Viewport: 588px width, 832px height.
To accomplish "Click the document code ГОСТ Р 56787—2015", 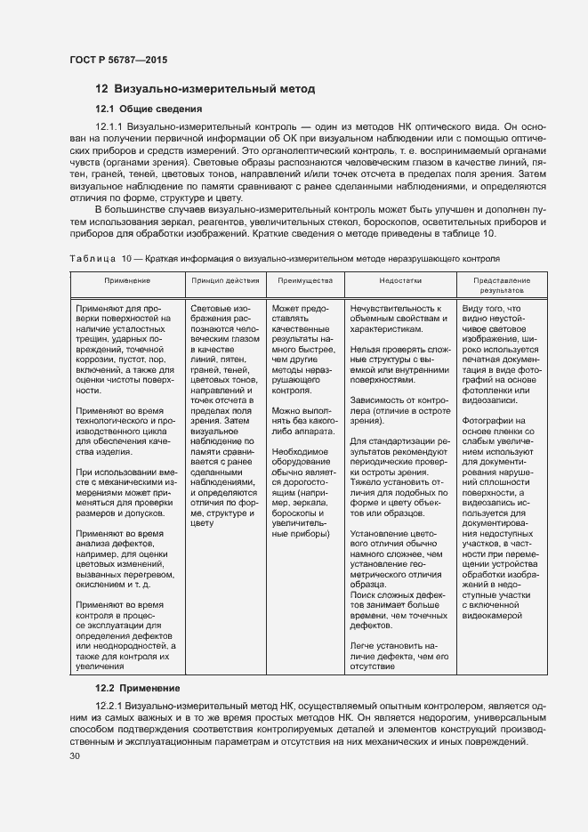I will click(117, 60).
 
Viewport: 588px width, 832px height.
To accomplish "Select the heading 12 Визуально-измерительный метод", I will click(205, 89).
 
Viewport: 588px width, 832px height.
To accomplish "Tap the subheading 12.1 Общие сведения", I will click(149, 109).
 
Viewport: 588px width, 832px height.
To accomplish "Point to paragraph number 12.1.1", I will click(109, 128).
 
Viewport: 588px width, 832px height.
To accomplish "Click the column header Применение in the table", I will click(126, 280).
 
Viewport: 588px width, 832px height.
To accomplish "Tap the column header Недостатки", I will click(393, 280).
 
